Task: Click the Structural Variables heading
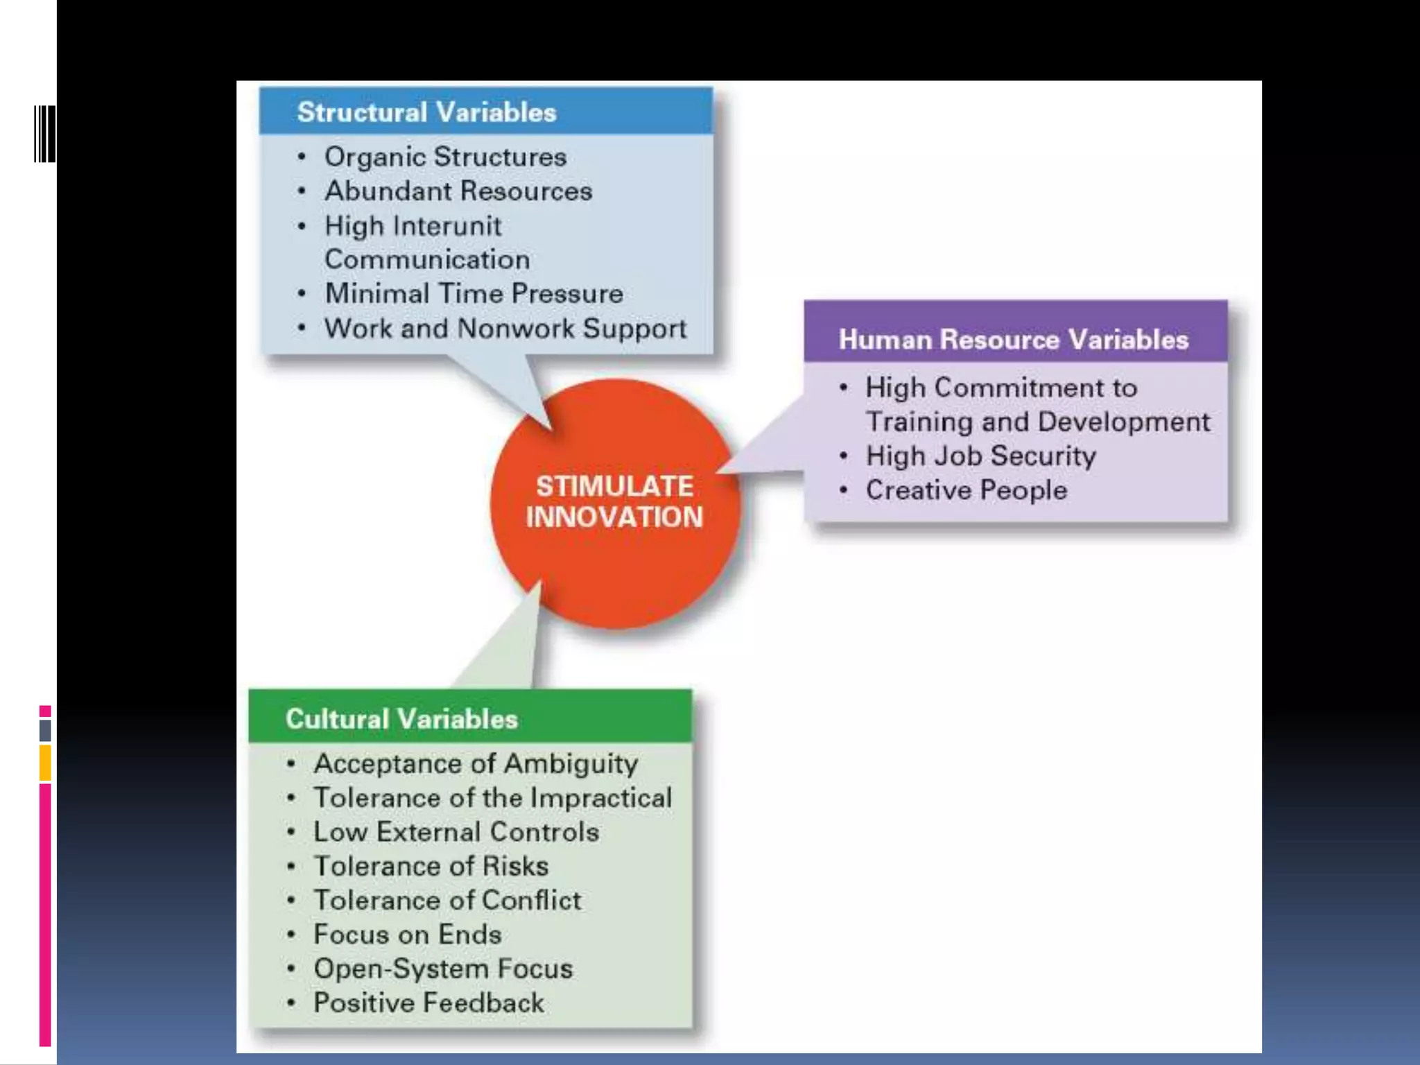pos(426,112)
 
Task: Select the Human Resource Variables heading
pos(1013,340)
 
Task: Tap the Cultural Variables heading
pos(401,719)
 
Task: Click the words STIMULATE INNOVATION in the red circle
pos(614,501)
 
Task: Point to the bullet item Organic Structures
pos(445,157)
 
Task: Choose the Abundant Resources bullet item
pos(458,191)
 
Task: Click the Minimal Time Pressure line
pos(474,294)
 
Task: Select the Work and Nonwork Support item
pos(505,329)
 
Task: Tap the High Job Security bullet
pos(980,456)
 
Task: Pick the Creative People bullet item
pos(966,491)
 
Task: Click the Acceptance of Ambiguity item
pos(476,764)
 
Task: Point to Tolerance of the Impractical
pos(492,798)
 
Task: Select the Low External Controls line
pos(456,832)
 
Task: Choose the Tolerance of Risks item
pos(431,866)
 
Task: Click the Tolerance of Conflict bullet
pos(447,901)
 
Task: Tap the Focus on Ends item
pos(407,935)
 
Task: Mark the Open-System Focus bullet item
pos(443,969)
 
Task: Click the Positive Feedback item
pos(428,1003)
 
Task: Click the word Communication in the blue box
pos(427,260)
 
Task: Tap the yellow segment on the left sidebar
pos(45,763)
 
